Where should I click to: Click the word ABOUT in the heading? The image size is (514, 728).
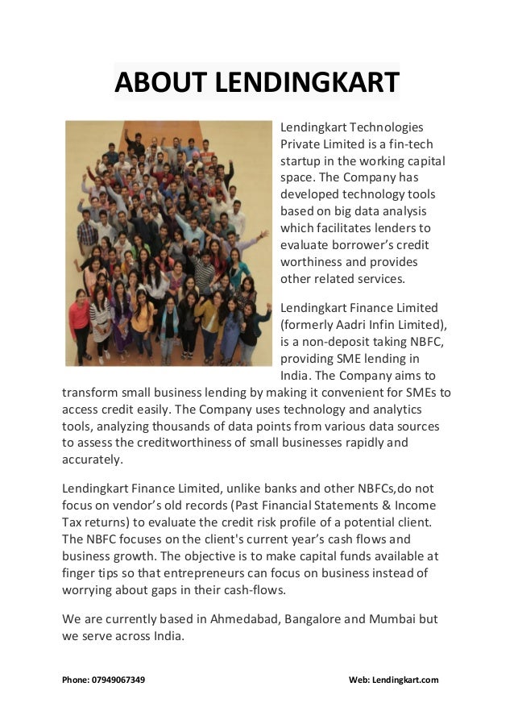[x=153, y=82]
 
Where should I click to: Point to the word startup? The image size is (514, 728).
[x=301, y=160]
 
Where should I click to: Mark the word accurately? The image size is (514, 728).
[x=92, y=460]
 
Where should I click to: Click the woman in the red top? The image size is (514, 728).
[x=80, y=322]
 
